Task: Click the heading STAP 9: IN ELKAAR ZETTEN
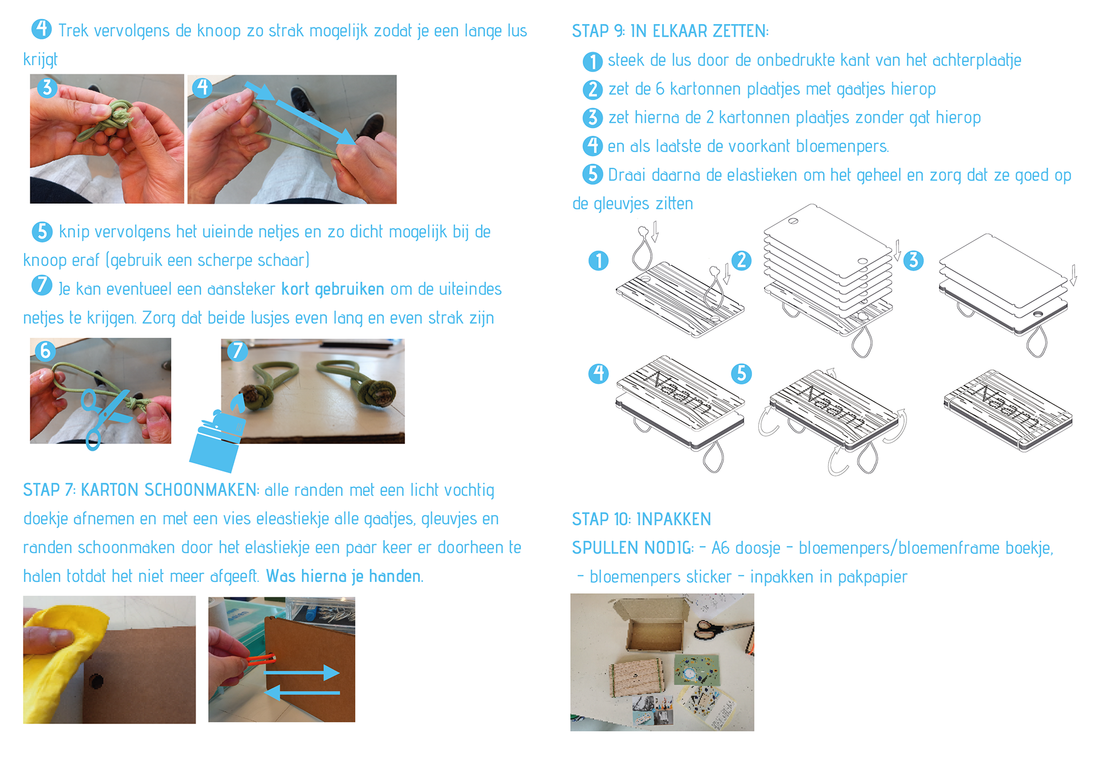tap(670, 31)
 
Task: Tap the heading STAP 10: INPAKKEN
tap(641, 519)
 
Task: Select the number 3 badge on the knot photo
tap(47, 88)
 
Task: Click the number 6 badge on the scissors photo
tap(45, 350)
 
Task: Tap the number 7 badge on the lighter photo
tap(237, 351)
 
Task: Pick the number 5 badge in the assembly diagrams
tap(741, 374)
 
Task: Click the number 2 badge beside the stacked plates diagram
tap(741, 260)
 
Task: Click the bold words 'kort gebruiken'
tap(332, 289)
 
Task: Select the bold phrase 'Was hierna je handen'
tap(343, 576)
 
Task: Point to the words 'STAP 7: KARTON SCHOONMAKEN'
tap(140, 490)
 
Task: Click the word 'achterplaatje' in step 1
tap(977, 61)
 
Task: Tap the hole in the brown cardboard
tap(96, 681)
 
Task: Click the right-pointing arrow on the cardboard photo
tap(302, 672)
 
